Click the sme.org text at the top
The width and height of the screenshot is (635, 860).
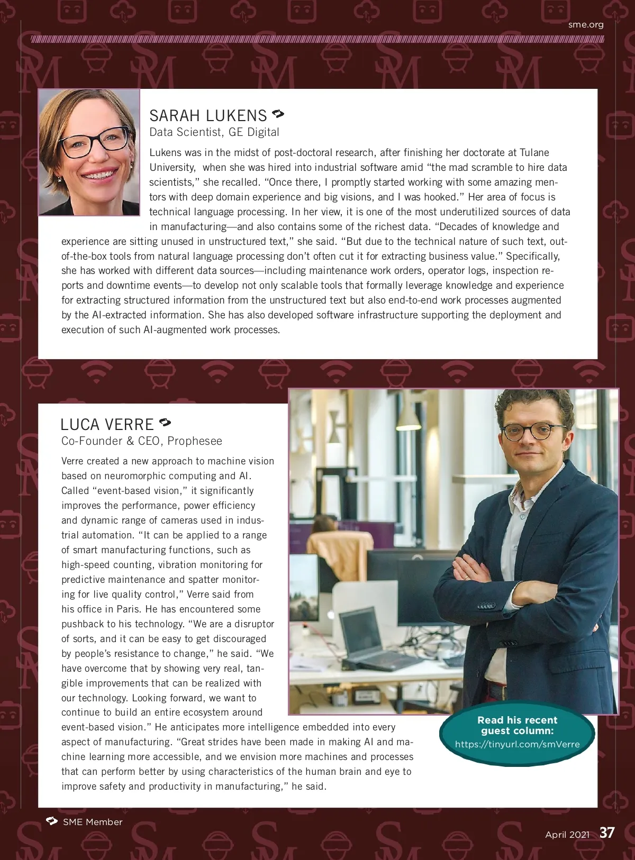pos(585,24)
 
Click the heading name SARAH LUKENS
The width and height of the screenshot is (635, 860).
pos(208,116)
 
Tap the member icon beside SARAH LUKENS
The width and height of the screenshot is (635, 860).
pos(278,114)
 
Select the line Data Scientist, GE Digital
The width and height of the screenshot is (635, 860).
pos(214,132)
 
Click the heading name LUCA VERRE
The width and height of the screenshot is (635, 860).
pos(107,425)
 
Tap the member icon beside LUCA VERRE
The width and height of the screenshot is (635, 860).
pos(165,422)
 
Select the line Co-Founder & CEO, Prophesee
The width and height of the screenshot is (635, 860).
pos(141,441)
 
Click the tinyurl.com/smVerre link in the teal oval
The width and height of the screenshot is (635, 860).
pos(517,744)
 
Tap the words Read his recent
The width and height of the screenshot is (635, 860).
pos(517,720)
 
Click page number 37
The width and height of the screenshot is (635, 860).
pos(607,833)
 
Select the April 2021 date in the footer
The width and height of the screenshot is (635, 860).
pos(567,835)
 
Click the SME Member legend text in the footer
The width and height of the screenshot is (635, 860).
pos(92,822)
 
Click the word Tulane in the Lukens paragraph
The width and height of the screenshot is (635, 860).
pos(534,153)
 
